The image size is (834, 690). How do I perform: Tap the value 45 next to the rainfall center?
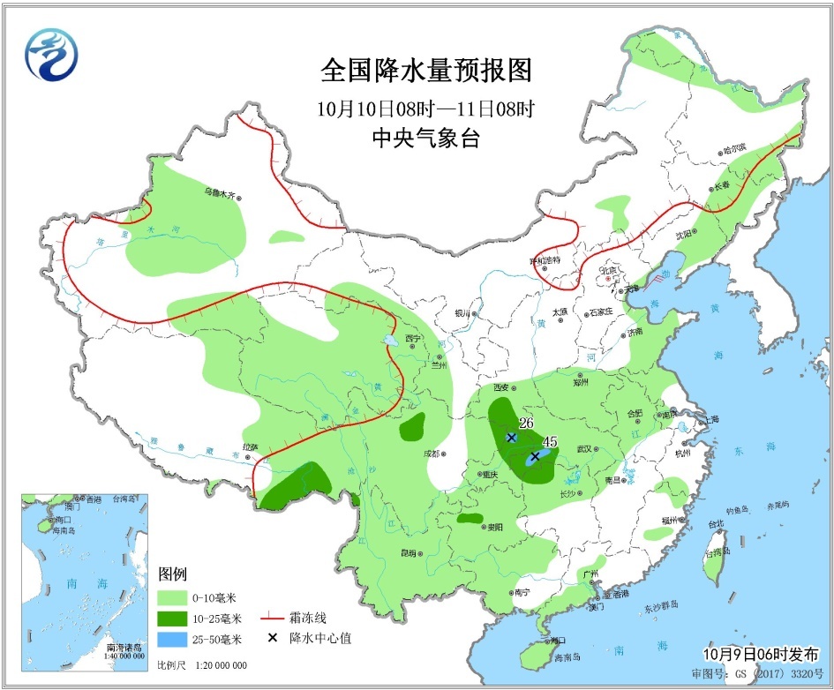550,442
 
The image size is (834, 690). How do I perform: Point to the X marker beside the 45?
534,456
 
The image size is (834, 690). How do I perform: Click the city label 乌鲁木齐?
221,192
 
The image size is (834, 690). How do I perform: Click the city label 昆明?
407,553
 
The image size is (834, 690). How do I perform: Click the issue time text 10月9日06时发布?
761,654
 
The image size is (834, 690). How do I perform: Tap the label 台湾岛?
717,553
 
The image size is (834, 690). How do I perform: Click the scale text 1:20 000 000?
214,665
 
